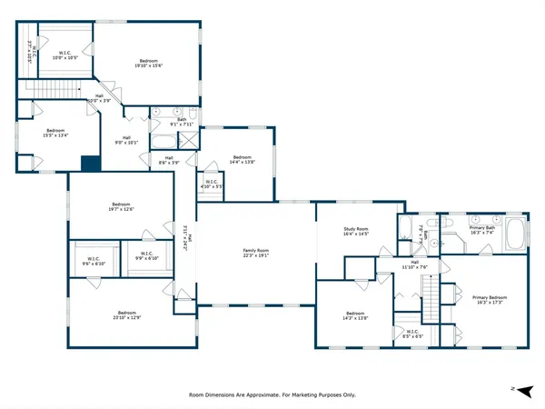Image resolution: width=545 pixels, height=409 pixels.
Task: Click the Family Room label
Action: click(255, 252)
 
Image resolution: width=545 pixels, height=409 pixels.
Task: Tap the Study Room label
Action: click(355, 231)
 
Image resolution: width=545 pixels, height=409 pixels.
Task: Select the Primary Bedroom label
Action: click(489, 301)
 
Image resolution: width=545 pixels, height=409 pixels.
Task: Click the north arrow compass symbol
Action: click(517, 388)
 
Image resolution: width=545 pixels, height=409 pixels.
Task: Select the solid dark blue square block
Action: click(89, 165)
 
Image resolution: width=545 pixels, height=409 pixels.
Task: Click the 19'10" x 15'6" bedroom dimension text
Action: click(145, 65)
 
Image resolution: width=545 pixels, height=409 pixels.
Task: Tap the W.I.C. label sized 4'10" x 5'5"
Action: click(210, 185)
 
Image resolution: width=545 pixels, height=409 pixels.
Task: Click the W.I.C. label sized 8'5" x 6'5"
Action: click(411, 334)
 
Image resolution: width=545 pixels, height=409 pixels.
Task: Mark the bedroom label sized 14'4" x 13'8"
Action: click(243, 160)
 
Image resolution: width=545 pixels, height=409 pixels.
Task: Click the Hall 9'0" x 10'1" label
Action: click(127, 140)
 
